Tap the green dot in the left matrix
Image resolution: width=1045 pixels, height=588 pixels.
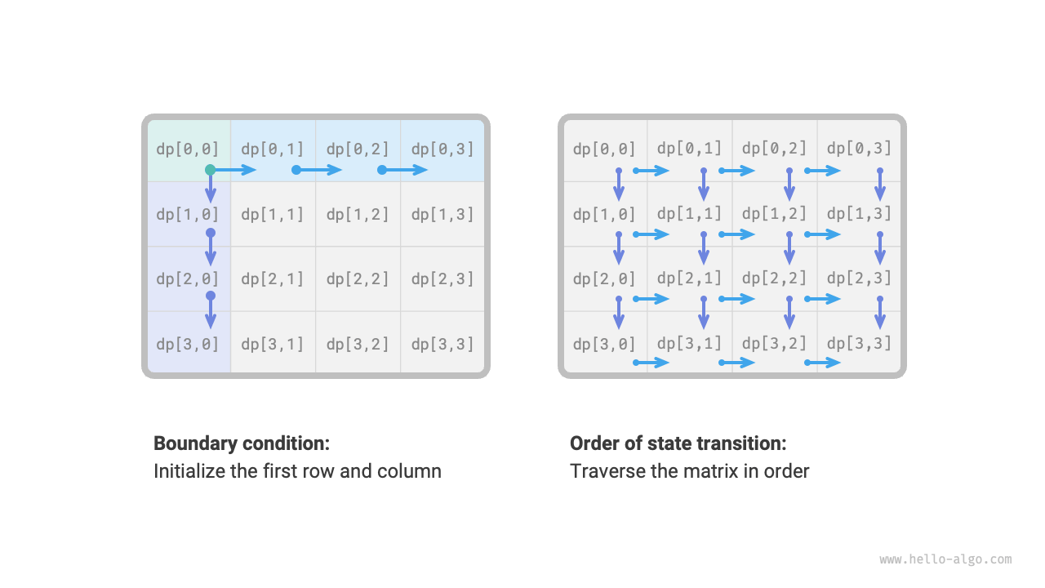pyautogui.click(x=210, y=170)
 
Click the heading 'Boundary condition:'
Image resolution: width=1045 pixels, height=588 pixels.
pyautogui.click(x=242, y=443)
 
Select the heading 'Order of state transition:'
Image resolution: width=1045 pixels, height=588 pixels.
pyautogui.click(x=678, y=443)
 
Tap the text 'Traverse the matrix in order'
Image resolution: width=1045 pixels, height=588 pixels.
pyautogui.click(x=689, y=471)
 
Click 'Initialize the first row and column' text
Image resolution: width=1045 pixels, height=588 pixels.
pyautogui.click(x=297, y=471)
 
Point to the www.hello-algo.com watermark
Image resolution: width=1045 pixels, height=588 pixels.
pyautogui.click(x=945, y=559)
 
